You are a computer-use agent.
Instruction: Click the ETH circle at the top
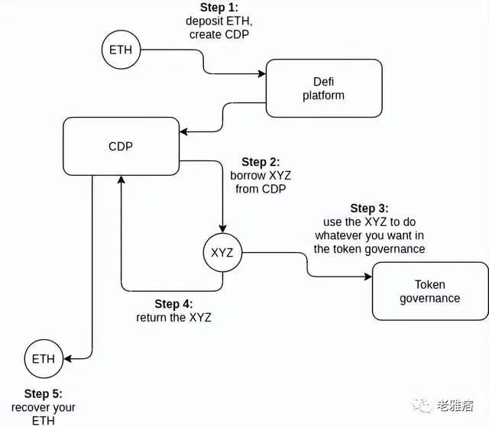tap(121, 50)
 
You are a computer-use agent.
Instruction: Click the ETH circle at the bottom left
tap(44, 358)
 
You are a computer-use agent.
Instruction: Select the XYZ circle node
tap(222, 251)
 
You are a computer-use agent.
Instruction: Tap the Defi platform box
tap(323, 88)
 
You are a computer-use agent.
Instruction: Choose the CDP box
tap(121, 145)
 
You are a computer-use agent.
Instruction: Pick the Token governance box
tap(429, 290)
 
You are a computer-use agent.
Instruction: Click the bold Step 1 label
tap(219, 7)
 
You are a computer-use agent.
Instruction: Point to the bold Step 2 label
tap(261, 162)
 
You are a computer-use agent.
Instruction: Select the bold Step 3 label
tap(369, 209)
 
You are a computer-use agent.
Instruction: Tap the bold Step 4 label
tap(173, 304)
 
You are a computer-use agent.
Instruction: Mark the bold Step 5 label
tap(44, 394)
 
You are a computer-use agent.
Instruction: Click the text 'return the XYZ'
tap(173, 318)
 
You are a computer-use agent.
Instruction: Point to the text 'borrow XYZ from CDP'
tap(261, 183)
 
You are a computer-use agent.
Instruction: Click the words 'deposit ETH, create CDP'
tap(219, 27)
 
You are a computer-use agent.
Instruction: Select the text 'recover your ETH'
tap(44, 414)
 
